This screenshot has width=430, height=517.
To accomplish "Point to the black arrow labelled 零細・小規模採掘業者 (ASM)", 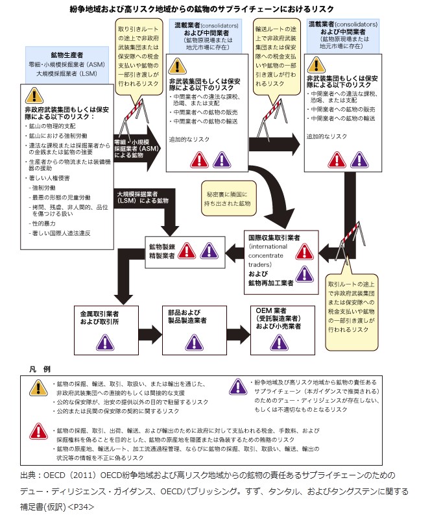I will point(136,149).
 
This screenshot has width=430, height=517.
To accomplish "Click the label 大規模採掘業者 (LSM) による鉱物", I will point(143,197).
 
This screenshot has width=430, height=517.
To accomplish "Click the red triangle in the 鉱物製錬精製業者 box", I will point(187,251).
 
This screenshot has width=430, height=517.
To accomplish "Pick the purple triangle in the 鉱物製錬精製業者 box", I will point(208,251).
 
